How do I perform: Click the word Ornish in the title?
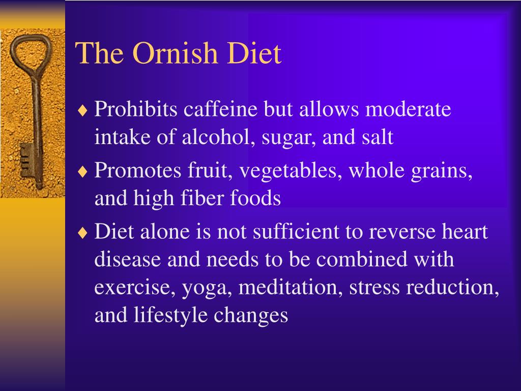tap(175, 53)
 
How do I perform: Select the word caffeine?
tap(220, 109)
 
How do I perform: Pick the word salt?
tap(378, 136)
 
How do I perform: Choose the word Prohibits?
tap(136, 109)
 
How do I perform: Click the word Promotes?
tap(138, 170)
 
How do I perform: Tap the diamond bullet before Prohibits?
tap(82, 110)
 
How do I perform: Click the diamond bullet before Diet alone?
tap(82, 233)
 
